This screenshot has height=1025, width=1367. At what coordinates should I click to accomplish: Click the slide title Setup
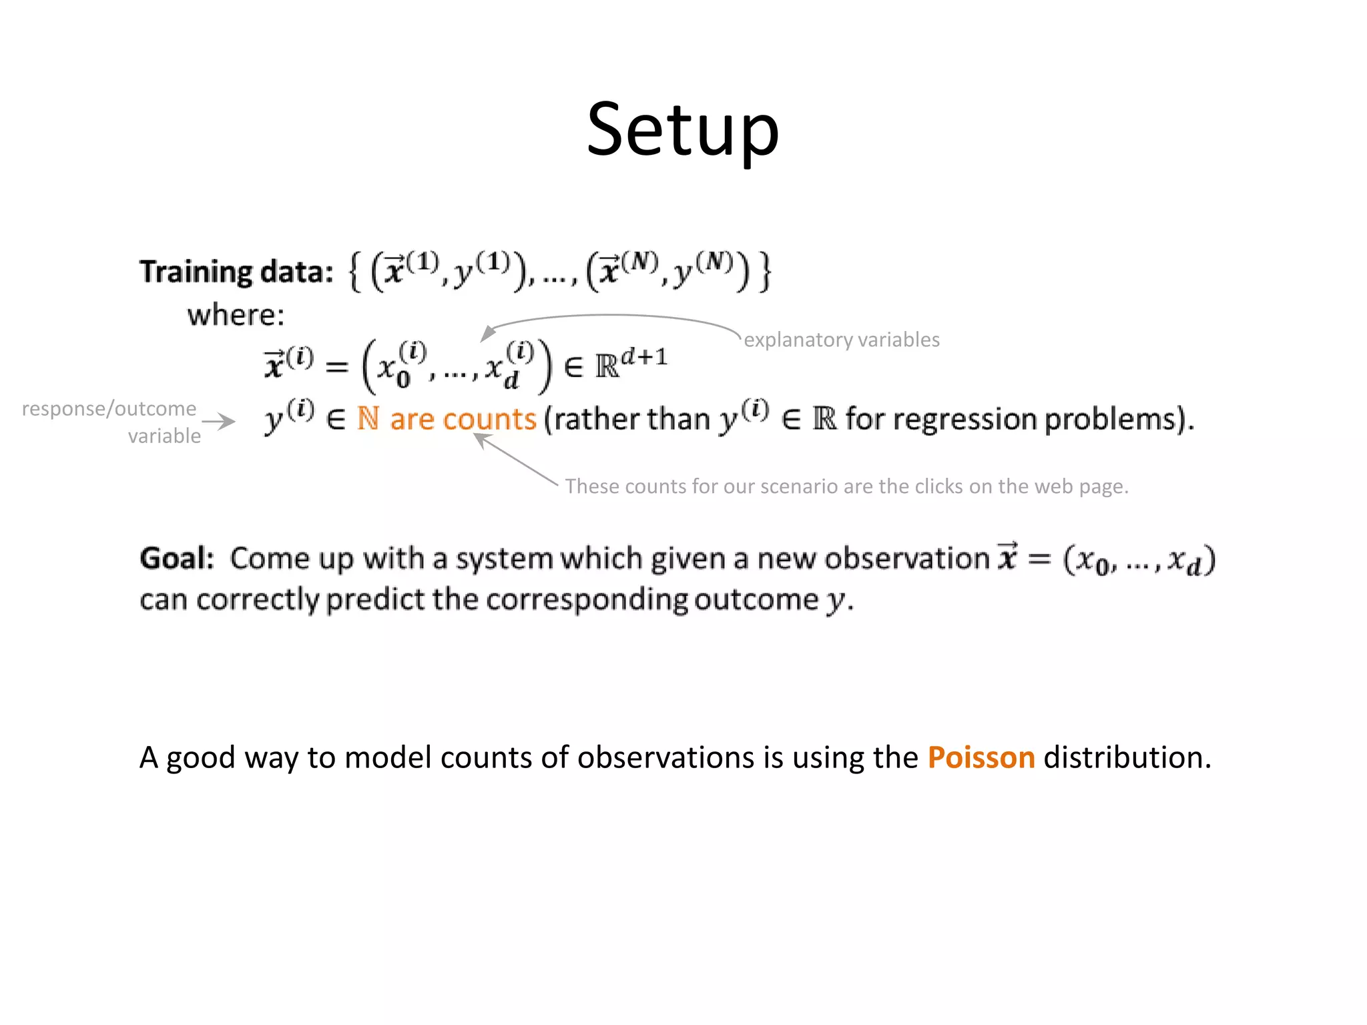[683, 129]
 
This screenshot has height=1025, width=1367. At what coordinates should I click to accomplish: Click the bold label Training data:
[236, 272]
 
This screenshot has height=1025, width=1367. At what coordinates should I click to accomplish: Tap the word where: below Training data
[236, 315]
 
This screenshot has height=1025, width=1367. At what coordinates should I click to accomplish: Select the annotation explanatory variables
[842, 340]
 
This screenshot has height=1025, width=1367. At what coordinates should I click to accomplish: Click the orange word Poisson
[981, 757]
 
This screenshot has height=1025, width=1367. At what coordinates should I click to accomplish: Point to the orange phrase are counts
[463, 419]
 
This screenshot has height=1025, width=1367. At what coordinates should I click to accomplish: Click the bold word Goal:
[177, 558]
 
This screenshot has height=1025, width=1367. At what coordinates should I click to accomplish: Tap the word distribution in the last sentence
[1126, 757]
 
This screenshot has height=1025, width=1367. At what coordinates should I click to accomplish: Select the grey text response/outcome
[109, 408]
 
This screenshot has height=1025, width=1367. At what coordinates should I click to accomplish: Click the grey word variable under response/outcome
[164, 436]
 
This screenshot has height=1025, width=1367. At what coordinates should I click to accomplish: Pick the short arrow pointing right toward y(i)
[218, 421]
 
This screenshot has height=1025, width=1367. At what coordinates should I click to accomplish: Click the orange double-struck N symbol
[368, 418]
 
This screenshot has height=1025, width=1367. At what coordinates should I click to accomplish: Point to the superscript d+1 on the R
[644, 356]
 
